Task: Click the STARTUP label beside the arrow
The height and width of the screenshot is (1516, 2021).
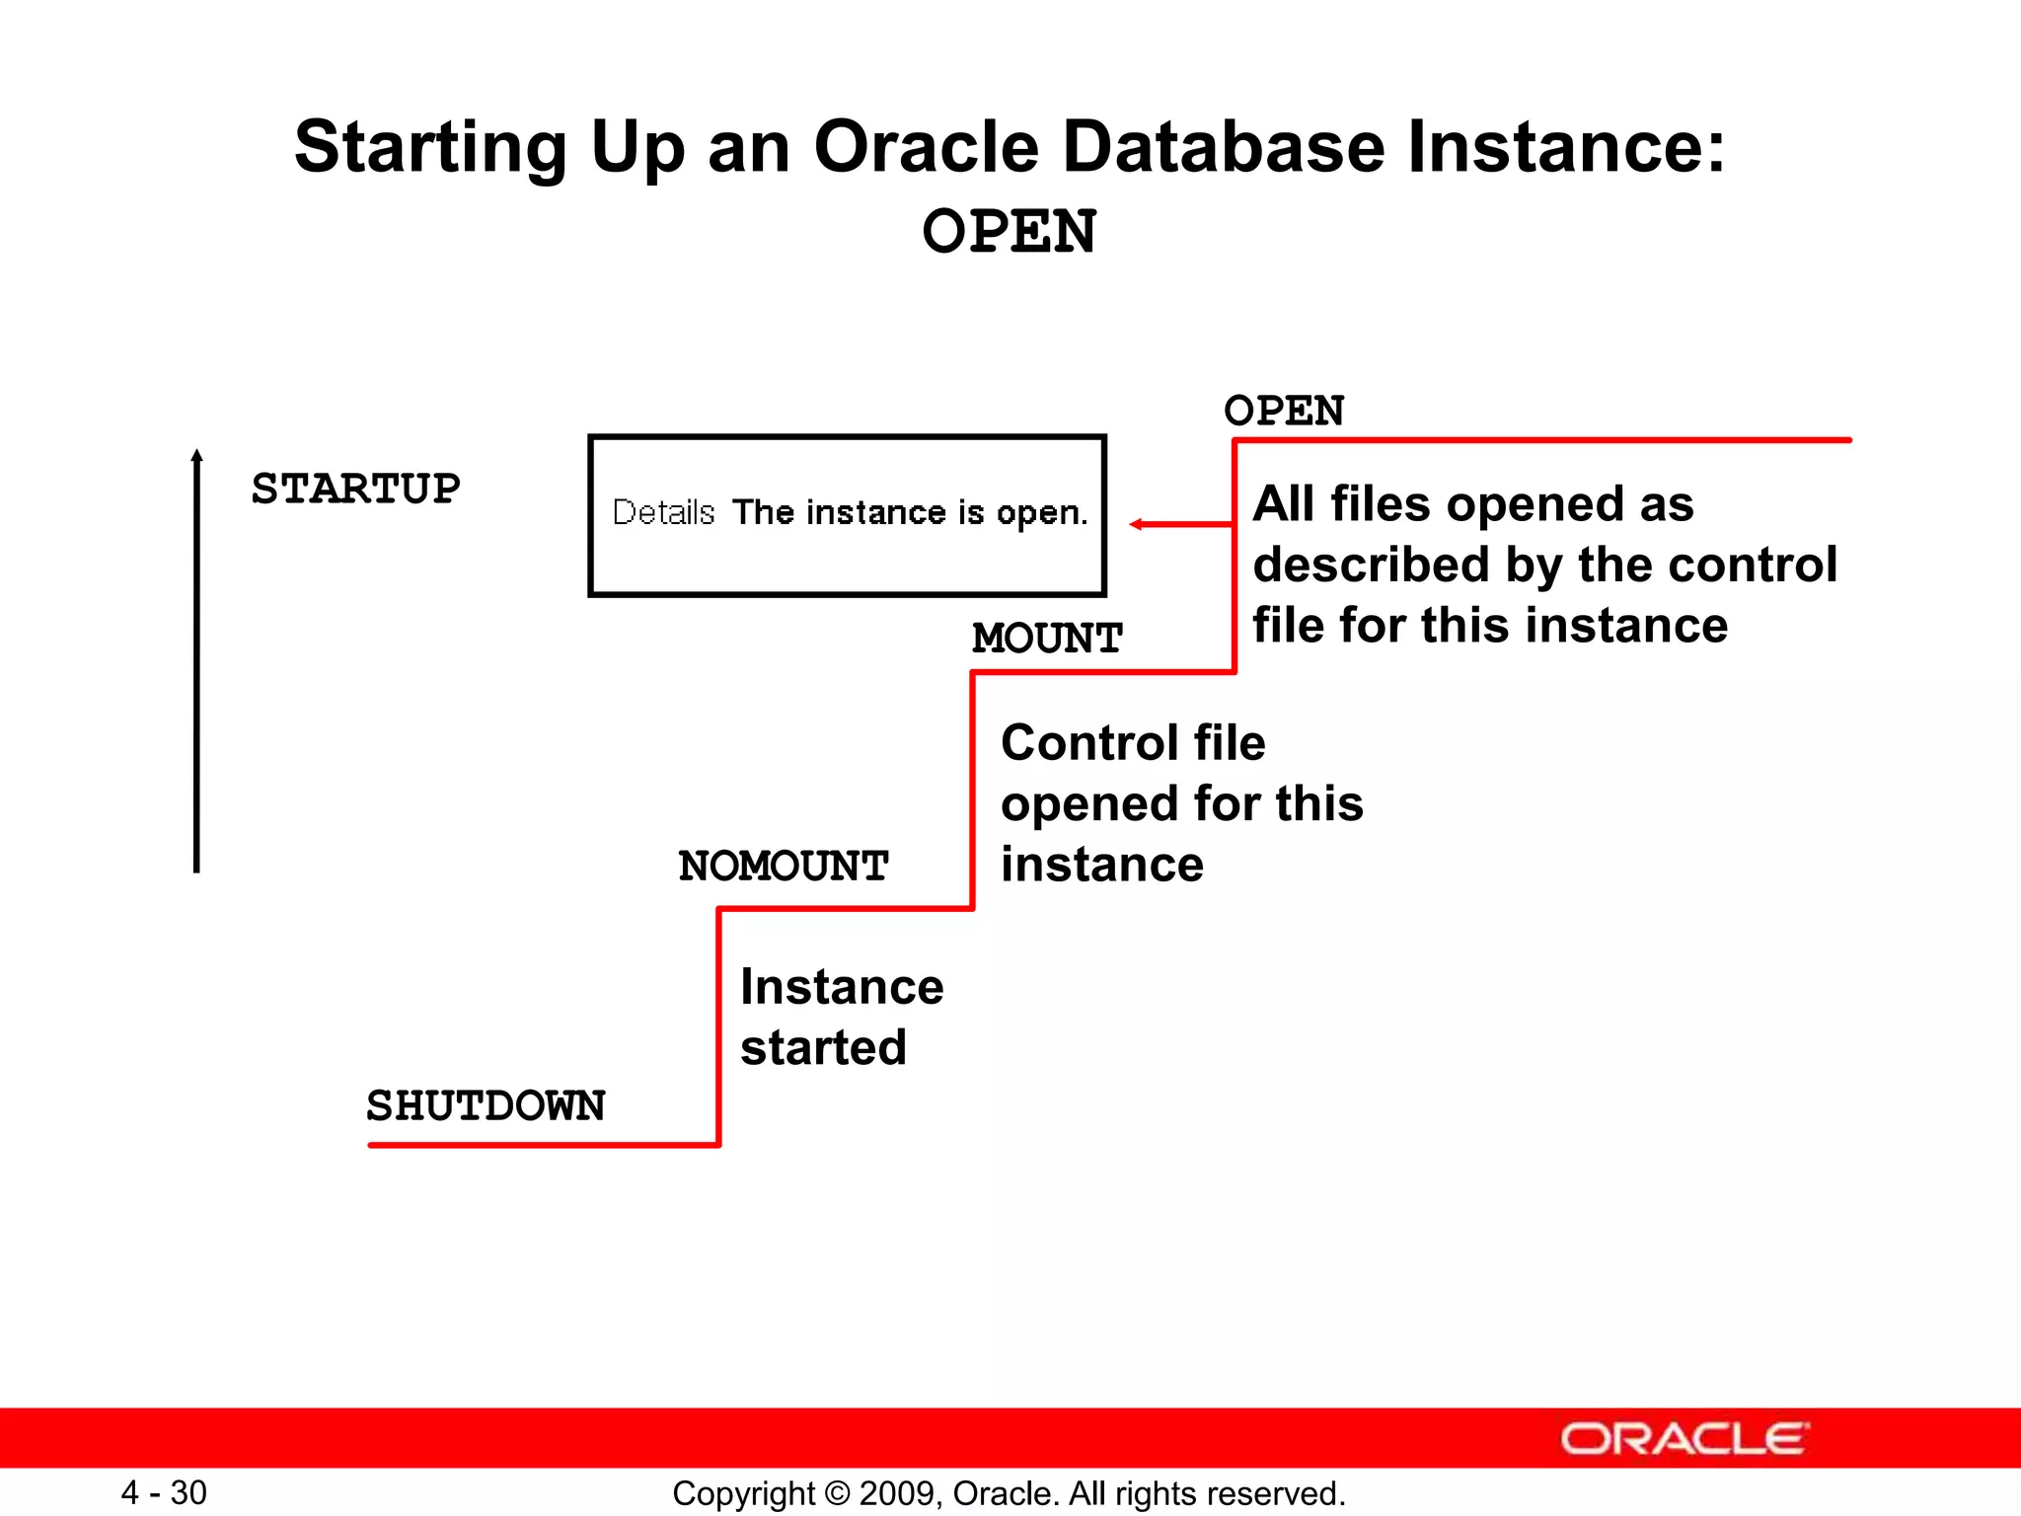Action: pyautogui.click(x=355, y=489)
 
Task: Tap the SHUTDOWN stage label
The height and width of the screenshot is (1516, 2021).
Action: pyautogui.click(x=486, y=1105)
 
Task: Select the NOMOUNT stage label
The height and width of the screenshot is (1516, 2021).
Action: pyautogui.click(x=784, y=866)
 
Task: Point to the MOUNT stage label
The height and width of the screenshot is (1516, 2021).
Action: pyautogui.click(x=1047, y=639)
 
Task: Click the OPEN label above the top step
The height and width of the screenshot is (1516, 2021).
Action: pyautogui.click(x=1284, y=411)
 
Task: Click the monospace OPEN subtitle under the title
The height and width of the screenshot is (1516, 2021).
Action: pyautogui.click(x=1009, y=232)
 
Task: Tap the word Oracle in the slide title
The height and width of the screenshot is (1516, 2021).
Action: pyautogui.click(x=926, y=147)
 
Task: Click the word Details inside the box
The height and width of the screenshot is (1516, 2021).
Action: pyautogui.click(x=663, y=512)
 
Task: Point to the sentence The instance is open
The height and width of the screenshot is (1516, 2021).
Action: pyautogui.click(x=909, y=512)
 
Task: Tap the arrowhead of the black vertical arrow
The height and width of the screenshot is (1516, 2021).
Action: pyautogui.click(x=196, y=456)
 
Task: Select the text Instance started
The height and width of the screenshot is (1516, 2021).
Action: pyautogui.click(x=841, y=1017)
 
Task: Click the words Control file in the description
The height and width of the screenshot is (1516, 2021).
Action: pyautogui.click(x=1132, y=742)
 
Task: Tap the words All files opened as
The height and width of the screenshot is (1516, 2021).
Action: pyautogui.click(x=1472, y=503)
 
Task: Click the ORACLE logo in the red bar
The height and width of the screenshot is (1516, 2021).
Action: pyautogui.click(x=1684, y=1439)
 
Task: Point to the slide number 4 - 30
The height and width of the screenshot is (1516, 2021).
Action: pyautogui.click(x=164, y=1492)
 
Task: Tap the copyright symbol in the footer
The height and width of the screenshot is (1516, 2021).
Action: pyautogui.click(x=837, y=1493)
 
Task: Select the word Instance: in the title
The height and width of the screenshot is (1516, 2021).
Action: pyautogui.click(x=1566, y=147)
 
